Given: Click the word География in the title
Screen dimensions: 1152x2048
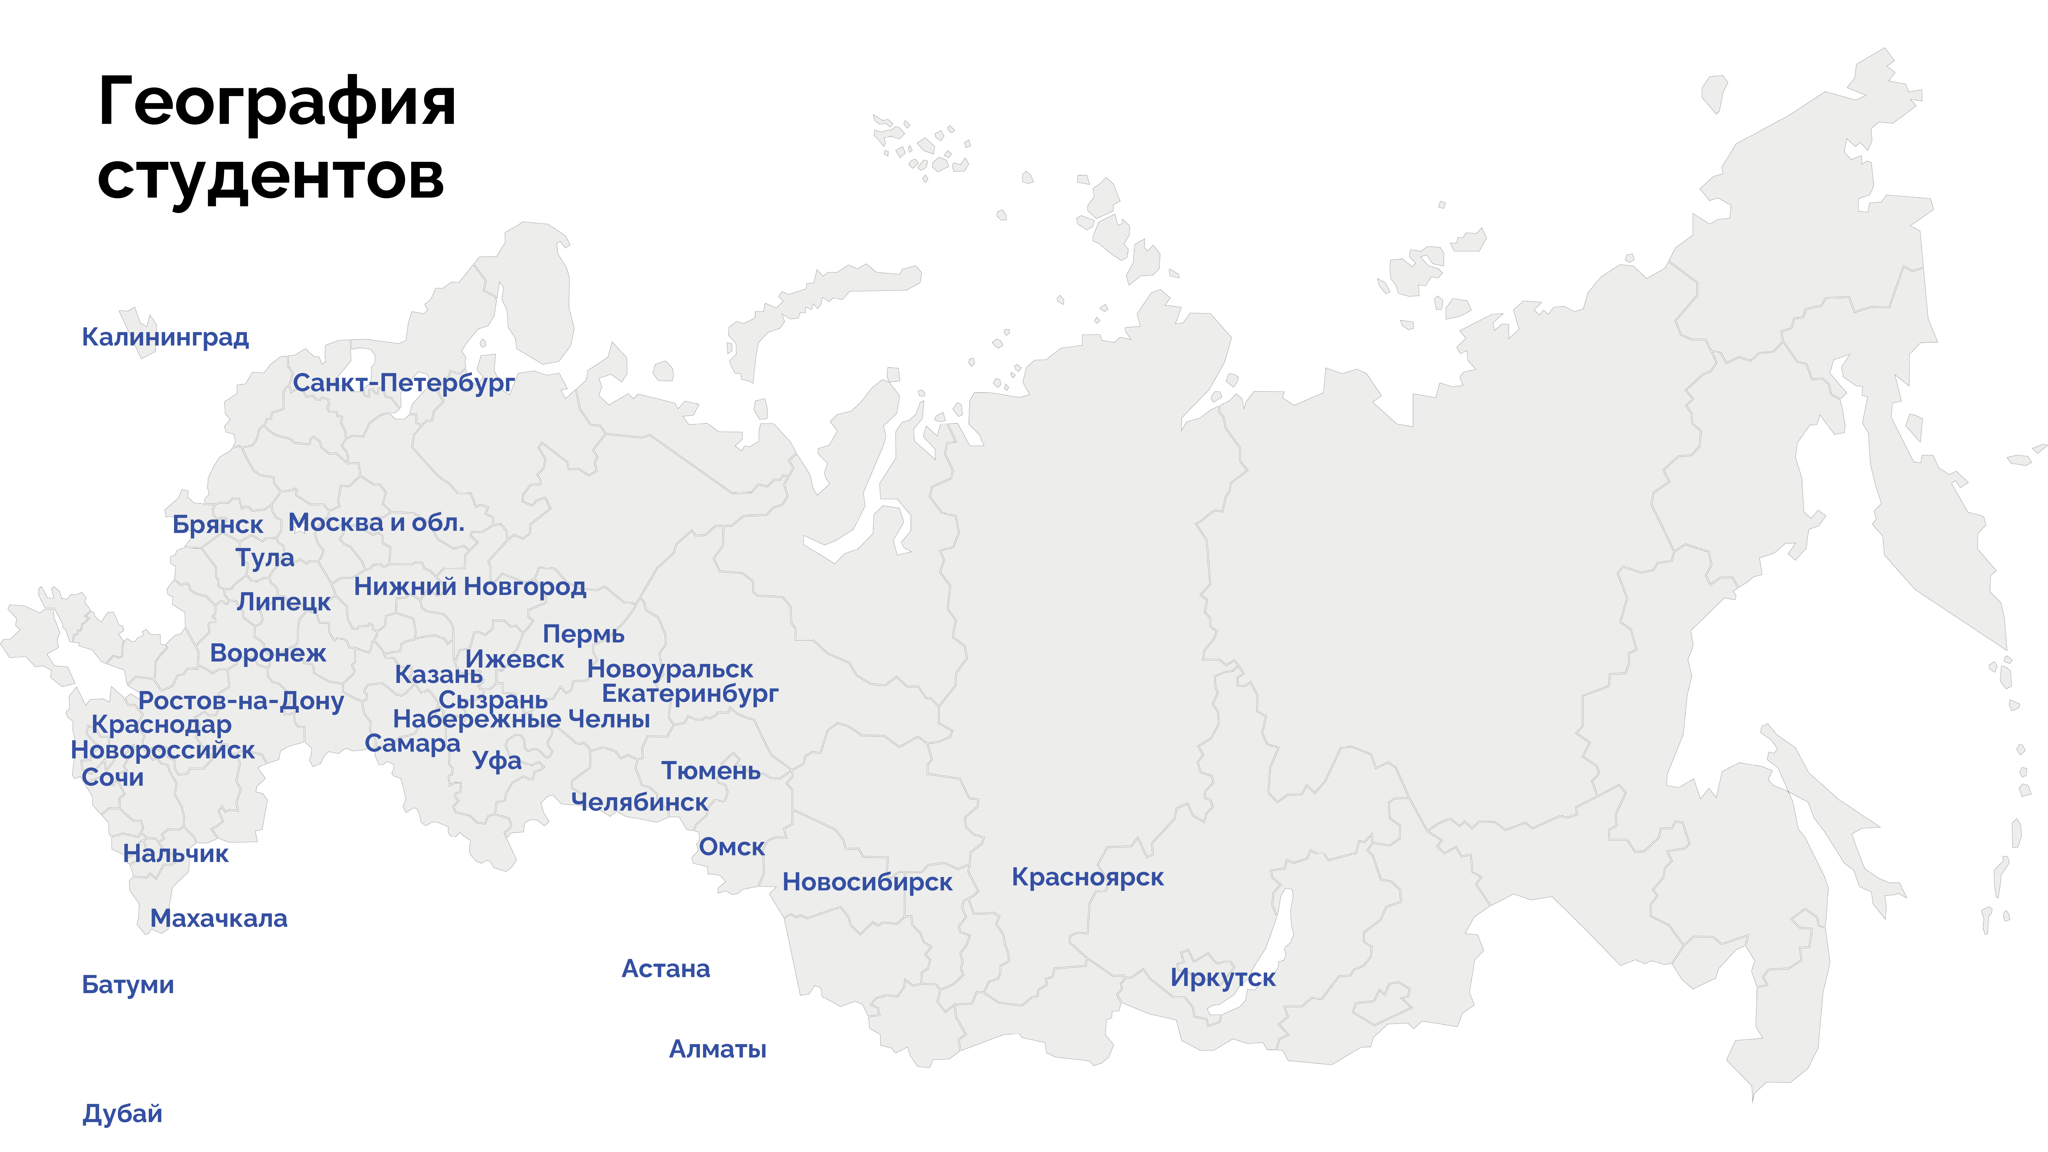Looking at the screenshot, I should tap(277, 103).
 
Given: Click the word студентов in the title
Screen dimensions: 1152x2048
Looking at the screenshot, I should tap(270, 176).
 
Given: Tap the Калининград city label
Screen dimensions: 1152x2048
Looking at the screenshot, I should tap(165, 337).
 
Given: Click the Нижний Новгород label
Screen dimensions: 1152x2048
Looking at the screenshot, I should tap(470, 587).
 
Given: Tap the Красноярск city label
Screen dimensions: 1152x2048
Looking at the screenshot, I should tap(1087, 878).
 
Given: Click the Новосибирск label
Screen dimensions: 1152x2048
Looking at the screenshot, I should tap(867, 883).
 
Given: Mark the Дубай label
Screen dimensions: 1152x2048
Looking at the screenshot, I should tap(122, 1114).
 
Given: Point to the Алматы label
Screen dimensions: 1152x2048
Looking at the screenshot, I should tap(717, 1049).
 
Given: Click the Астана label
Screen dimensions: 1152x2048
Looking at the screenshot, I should tap(665, 969).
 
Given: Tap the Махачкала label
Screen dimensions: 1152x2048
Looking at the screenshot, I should tap(219, 919).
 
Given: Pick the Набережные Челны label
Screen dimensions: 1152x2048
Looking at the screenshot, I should tap(521, 720).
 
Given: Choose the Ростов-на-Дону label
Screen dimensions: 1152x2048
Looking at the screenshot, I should tap(241, 701).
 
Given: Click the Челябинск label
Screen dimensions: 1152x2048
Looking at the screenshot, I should tap(639, 803).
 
